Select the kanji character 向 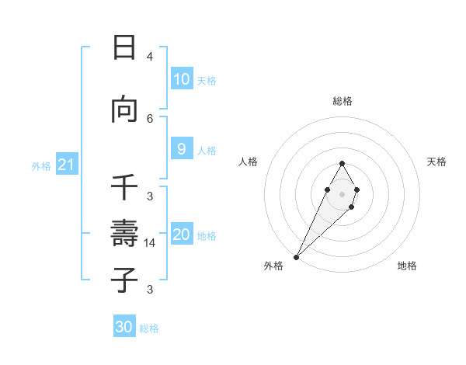pos(124,110)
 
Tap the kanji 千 pos(124,186)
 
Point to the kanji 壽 pos(124,233)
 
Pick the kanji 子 pos(124,280)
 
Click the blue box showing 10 pos(182,79)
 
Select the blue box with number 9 pos(182,149)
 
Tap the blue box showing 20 pos(182,235)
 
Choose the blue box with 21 pos(66,165)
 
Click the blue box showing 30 pos(124,327)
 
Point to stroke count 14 pos(151,243)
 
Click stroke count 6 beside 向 pos(150,118)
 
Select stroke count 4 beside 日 pos(150,57)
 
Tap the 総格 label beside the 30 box pos(149,328)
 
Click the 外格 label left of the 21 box pos(41,166)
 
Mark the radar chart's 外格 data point pos(296,256)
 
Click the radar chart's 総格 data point pos(342,164)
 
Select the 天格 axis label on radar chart pos(436,162)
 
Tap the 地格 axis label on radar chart pos(407,266)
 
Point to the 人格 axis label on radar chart pos(248,162)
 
